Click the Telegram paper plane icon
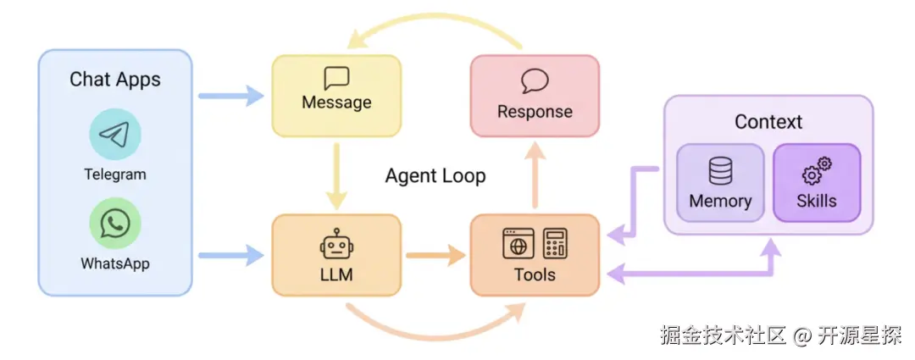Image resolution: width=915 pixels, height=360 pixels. tap(115, 134)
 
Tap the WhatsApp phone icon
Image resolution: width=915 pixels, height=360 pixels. tap(115, 223)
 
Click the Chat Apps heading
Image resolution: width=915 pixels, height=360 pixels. tap(115, 80)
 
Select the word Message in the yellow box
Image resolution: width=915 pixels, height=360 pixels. tap(336, 102)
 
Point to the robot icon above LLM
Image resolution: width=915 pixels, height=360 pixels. tap(336, 246)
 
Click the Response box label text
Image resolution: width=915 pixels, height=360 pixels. tap(535, 112)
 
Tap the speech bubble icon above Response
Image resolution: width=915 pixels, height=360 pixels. tap(535, 81)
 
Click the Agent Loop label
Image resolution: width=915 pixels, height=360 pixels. tap(435, 175)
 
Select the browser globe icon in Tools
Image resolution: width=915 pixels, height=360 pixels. tap(518, 243)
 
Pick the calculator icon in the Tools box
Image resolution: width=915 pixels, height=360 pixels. tap(555, 243)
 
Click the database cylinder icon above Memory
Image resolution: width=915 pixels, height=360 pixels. tap(720, 172)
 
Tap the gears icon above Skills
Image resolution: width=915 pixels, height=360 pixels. tap(817, 171)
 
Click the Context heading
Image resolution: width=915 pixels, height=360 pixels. tap(768, 122)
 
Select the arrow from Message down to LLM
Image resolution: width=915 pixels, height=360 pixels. tap(336, 175)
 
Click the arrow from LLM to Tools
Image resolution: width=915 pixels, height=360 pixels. tap(435, 256)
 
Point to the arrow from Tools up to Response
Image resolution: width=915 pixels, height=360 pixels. tap(535, 174)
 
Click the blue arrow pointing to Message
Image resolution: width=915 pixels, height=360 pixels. tap(231, 96)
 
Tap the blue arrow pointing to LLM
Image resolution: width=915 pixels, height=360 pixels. tap(231, 256)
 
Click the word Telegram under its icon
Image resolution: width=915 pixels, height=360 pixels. tap(115, 174)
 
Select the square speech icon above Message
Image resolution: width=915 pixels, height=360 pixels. tap(336, 79)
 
